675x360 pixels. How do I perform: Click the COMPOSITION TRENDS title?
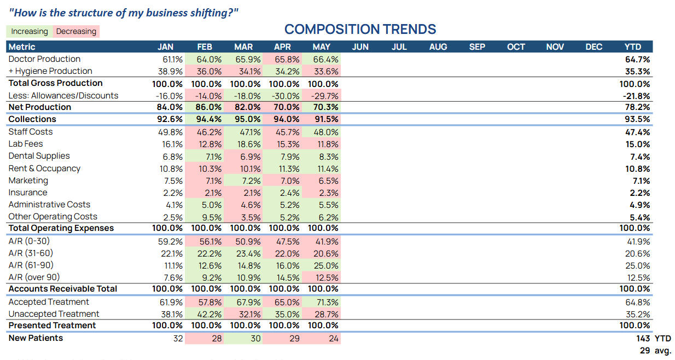(360, 29)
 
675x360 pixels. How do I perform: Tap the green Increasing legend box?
(29, 31)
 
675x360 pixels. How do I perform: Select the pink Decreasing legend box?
(76, 31)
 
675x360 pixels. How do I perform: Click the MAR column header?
(243, 47)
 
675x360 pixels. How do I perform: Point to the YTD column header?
(633, 47)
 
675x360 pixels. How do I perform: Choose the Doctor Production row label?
(44, 59)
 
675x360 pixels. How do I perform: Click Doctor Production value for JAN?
(172, 60)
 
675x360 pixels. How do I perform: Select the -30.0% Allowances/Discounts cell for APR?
(286, 96)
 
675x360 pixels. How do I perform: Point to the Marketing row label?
(28, 181)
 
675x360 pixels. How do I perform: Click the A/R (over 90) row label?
(34, 277)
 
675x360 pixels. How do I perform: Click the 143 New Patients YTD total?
(643, 338)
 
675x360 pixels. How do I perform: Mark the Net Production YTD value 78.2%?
(637, 107)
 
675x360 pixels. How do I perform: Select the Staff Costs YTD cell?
(637, 132)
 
